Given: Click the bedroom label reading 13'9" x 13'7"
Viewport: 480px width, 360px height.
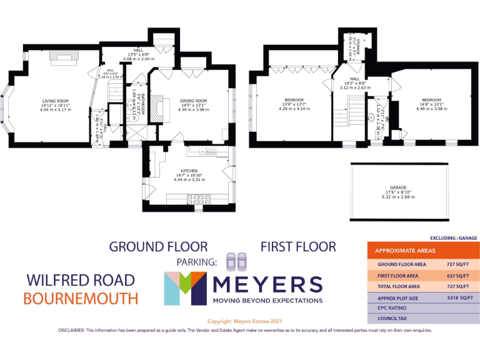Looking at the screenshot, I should click(x=294, y=104).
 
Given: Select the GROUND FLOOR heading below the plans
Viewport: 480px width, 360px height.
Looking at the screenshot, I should click(x=158, y=246).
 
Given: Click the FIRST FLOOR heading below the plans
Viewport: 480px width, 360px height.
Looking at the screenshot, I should click(x=297, y=246).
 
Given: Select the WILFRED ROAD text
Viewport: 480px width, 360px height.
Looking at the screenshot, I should click(x=80, y=280).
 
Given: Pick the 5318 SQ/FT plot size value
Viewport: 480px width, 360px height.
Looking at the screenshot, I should click(x=457, y=298).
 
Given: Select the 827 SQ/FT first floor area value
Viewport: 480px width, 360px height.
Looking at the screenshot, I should click(x=457, y=276).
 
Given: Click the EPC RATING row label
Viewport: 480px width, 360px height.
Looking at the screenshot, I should click(x=392, y=308).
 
